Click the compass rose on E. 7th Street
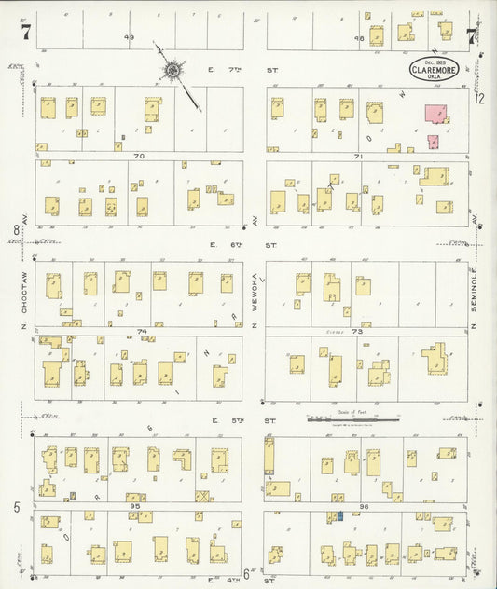(x=173, y=69)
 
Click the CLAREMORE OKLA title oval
(x=435, y=71)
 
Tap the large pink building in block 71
(x=435, y=114)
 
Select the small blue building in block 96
(x=341, y=515)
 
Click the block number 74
(x=142, y=331)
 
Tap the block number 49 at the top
(x=130, y=37)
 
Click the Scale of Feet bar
(x=352, y=420)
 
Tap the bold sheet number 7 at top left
(x=25, y=33)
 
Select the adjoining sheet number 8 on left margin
(x=16, y=229)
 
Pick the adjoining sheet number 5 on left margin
(x=16, y=506)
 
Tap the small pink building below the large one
(x=433, y=142)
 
